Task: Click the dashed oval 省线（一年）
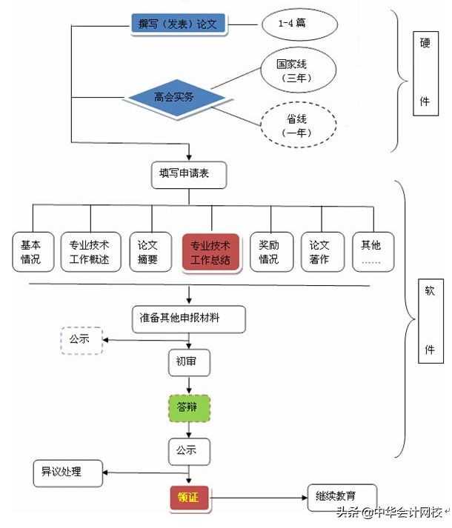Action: click(x=296, y=127)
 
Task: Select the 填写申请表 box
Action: click(x=188, y=175)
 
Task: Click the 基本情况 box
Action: click(x=31, y=252)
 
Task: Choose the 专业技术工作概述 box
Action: click(x=90, y=252)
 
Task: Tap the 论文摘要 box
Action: click(x=148, y=252)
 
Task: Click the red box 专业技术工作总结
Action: click(x=210, y=252)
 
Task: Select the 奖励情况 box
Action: click(x=269, y=252)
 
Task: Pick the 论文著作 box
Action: click(x=319, y=252)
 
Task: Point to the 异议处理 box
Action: click(x=67, y=472)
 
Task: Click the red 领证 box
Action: click(x=189, y=499)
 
